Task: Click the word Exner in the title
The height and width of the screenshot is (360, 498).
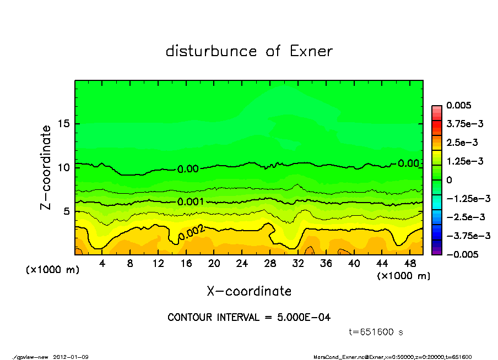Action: click(310, 51)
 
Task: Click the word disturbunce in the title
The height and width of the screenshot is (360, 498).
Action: click(212, 51)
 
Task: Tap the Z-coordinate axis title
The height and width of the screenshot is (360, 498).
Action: click(46, 167)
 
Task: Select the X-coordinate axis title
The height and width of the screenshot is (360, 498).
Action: click(249, 291)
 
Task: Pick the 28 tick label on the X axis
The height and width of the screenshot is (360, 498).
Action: click(270, 264)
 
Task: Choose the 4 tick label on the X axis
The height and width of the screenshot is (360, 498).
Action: click(102, 264)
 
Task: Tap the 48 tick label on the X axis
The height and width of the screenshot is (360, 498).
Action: click(410, 264)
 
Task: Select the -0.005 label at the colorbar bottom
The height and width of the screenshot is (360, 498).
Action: click(463, 254)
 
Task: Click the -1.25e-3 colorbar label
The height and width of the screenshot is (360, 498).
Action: click(468, 198)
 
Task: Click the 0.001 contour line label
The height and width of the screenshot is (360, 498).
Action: click(191, 202)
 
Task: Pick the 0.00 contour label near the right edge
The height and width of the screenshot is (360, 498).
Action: click(408, 163)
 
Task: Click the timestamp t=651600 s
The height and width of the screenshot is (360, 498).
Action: click(377, 332)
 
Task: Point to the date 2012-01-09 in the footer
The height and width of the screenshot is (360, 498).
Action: click(71, 357)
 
